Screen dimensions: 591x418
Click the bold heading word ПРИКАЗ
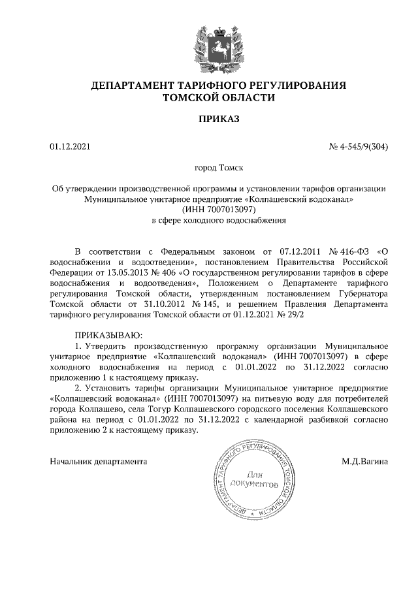pos(219,120)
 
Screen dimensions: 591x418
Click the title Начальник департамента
pos(97,462)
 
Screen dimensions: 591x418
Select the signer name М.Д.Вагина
pos(363,462)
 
